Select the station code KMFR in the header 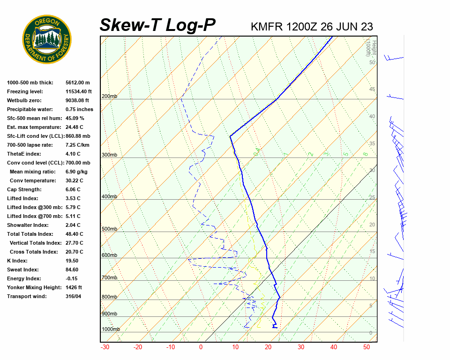pyautogui.click(x=267, y=27)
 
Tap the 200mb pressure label pyautogui.click(x=109, y=97)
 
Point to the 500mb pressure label pyautogui.click(x=109, y=229)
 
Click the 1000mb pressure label pyautogui.click(x=111, y=329)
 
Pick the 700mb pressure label pyautogui.click(x=109, y=278)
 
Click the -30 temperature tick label pyautogui.click(x=105, y=347)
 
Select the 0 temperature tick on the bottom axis pyautogui.click(x=201, y=347)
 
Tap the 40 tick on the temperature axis pyautogui.click(x=333, y=347)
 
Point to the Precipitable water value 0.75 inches pyautogui.click(x=79, y=109)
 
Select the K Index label pyautogui.click(x=17, y=261)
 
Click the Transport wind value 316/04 pyautogui.click(x=74, y=296)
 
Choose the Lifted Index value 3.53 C pyautogui.click(x=73, y=198)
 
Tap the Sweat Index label pyautogui.click(x=23, y=270)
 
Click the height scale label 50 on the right pyautogui.click(x=372, y=62)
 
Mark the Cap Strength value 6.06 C pyautogui.click(x=73, y=189)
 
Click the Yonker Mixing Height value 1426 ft pyautogui.click(x=74, y=287)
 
